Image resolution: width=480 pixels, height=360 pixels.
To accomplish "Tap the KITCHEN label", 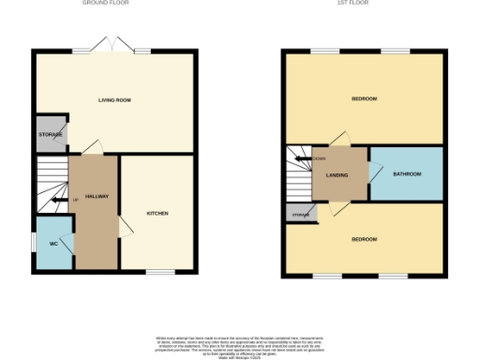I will [x=157, y=213].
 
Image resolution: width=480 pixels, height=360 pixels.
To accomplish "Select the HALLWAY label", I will [x=97, y=196].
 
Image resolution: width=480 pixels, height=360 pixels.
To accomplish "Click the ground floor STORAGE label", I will [x=51, y=135].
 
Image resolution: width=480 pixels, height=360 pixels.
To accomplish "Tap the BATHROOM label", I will [x=407, y=173].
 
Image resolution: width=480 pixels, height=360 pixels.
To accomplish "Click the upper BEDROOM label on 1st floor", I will [x=364, y=98].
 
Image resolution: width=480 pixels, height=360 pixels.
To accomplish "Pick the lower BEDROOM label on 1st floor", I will [x=364, y=239].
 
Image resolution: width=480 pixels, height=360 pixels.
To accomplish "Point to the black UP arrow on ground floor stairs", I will [x=67, y=200].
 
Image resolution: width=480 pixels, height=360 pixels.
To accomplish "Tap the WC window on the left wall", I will [x=35, y=245].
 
